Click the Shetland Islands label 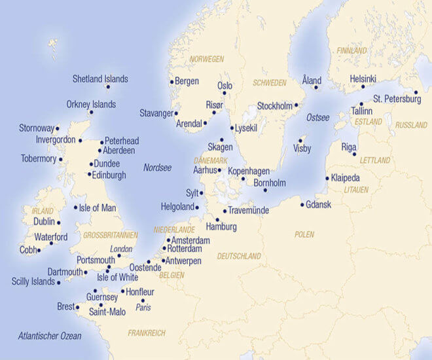tap(100, 79)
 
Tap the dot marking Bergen tap(171, 82)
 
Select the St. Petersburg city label tap(397, 99)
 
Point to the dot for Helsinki tap(363, 86)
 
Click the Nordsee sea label tap(157, 168)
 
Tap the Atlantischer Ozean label tap(50, 336)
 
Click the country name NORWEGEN tap(207, 59)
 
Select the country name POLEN tap(304, 234)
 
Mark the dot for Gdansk tap(302, 205)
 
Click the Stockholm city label tap(274, 105)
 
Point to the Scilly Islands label tap(33, 282)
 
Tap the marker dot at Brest tap(78, 307)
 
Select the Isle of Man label tap(98, 208)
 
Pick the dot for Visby tap(300, 139)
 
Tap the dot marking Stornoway tap(57, 128)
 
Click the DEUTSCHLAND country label tap(239, 256)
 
